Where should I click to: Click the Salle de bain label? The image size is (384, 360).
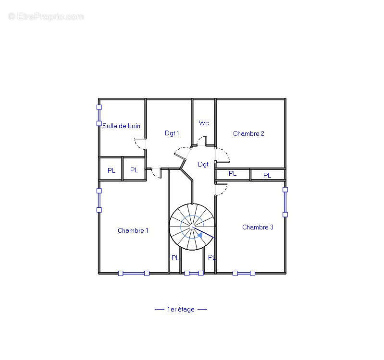(121, 126)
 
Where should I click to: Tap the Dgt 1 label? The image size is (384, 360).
(172, 133)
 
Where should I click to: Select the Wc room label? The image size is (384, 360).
(204, 123)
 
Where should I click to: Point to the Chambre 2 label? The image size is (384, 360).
(248, 133)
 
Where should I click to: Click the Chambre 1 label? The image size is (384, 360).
(133, 230)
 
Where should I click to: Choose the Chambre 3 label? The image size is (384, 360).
(258, 227)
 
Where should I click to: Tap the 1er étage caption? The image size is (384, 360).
(181, 310)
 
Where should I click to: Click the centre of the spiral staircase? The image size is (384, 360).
(192, 227)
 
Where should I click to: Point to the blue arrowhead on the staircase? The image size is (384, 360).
(200, 235)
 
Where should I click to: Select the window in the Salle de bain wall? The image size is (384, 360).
(99, 115)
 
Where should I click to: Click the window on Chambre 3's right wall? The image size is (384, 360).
(285, 202)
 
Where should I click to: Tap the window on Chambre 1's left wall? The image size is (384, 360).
(99, 200)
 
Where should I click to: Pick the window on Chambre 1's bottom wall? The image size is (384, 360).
(134, 273)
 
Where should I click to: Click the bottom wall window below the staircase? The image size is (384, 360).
(194, 273)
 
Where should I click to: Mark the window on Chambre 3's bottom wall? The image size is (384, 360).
(244, 273)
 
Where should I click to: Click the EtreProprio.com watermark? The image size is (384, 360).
(46, 17)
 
